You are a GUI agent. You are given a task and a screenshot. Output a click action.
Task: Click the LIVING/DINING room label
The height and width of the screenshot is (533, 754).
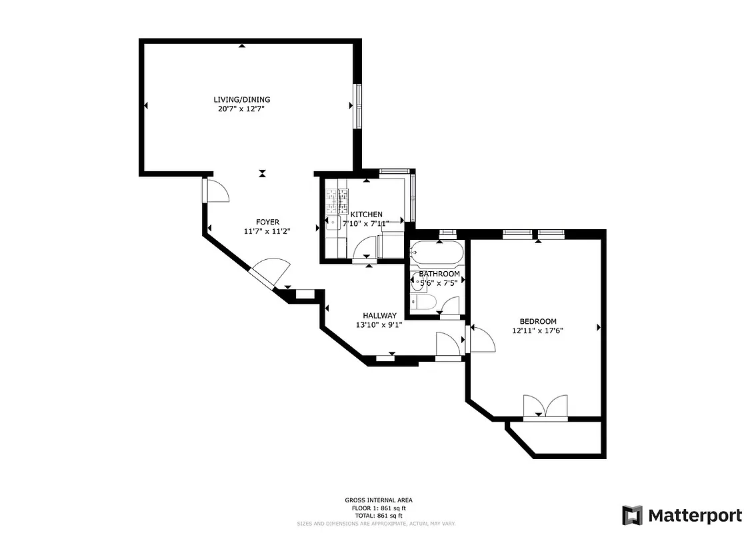(241, 100)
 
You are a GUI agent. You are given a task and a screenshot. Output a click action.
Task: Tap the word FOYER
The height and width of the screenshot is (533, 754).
(267, 222)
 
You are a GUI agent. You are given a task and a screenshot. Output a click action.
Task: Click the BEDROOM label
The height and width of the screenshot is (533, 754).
(538, 321)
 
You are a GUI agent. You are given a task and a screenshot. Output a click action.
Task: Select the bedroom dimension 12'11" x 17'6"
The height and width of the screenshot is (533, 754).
(538, 330)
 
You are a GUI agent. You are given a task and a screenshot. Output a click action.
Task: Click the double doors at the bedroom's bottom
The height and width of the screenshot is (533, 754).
(545, 407)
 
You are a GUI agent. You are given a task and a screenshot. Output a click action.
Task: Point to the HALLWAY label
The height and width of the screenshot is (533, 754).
(379, 316)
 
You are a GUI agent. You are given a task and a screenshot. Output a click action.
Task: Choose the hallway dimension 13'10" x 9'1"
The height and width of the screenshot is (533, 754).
(379, 325)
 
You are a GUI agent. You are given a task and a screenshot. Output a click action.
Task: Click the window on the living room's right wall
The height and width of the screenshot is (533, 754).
(357, 106)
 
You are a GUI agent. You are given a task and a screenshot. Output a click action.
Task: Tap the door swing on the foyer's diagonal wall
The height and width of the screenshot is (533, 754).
(273, 271)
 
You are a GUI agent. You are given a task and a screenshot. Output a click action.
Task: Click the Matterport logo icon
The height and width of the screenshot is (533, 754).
(632, 515)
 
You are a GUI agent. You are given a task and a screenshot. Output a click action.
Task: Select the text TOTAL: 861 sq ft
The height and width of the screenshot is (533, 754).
(378, 516)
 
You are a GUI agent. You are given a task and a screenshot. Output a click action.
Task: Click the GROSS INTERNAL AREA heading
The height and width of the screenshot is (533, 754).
(378, 500)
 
